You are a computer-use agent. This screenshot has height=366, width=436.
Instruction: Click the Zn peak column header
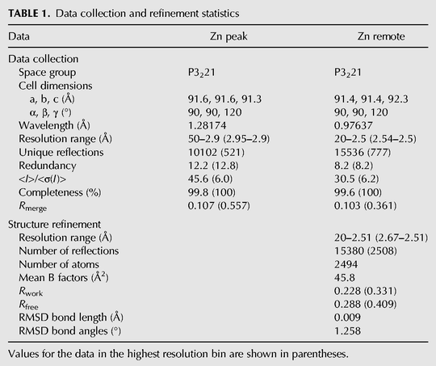pyautogui.click(x=228, y=36)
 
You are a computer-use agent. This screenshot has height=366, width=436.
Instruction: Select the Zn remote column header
pyautogui.click(x=381, y=36)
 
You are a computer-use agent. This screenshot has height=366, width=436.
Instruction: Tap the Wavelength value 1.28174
pyautogui.click(x=208, y=125)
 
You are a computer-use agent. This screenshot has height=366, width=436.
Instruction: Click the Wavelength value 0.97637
pyautogui.click(x=353, y=125)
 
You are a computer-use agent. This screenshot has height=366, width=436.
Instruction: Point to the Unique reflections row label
pyautogui.click(x=61, y=152)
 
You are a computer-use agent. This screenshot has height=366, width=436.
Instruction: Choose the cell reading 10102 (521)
pyautogui.click(x=216, y=152)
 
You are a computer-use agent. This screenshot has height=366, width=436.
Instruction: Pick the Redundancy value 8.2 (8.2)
pyautogui.click(x=354, y=166)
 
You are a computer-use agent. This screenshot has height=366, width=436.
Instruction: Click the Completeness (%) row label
pyautogui.click(x=60, y=192)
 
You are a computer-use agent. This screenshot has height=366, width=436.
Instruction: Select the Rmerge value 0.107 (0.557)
pyautogui.click(x=219, y=206)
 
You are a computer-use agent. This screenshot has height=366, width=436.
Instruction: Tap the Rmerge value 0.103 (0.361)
pyautogui.click(x=366, y=206)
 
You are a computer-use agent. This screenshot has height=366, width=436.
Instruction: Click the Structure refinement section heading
pyautogui.click(x=54, y=225)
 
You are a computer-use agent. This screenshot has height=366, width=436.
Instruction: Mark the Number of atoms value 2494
pyautogui.click(x=346, y=264)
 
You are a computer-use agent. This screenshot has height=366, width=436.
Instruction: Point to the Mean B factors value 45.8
pyautogui.click(x=345, y=277)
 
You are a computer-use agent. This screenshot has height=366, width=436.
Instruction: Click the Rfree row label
pyautogui.click(x=28, y=305)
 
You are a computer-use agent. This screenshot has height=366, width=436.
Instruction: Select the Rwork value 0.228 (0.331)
pyautogui.click(x=366, y=291)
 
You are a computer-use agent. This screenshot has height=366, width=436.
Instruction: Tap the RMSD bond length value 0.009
pyautogui.click(x=347, y=318)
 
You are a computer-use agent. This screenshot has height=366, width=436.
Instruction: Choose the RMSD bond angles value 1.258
pyautogui.click(x=347, y=331)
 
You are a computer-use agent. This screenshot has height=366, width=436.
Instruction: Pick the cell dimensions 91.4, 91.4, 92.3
pyautogui.click(x=371, y=99)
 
